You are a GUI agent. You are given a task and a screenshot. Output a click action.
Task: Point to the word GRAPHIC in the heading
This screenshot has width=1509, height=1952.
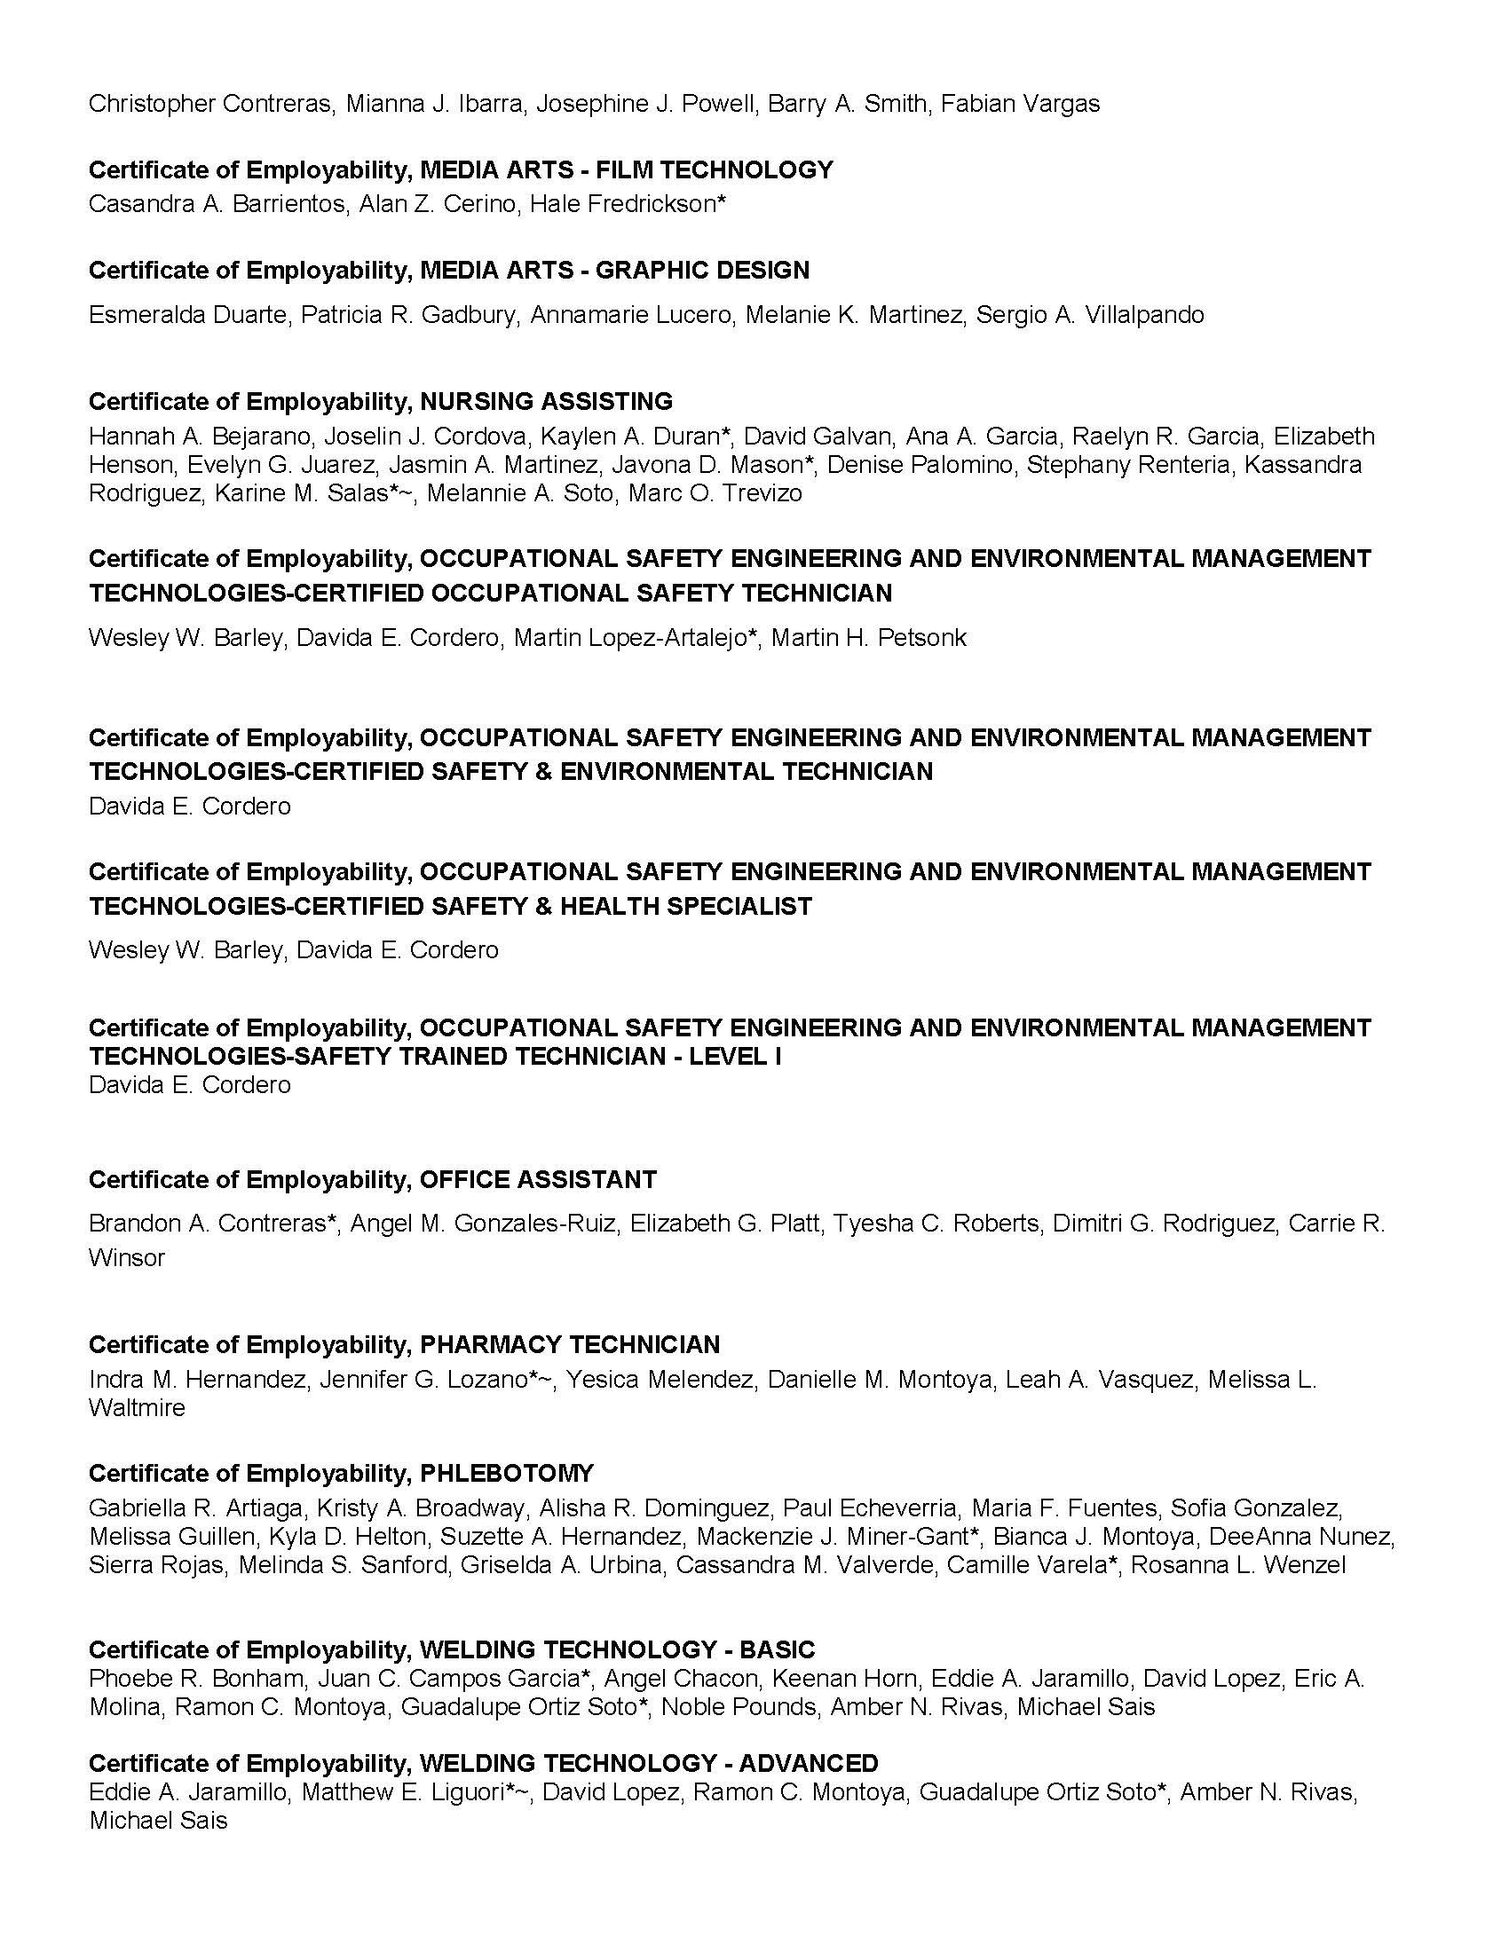[x=644, y=270]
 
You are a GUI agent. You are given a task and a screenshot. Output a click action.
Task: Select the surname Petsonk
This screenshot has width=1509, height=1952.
[x=922, y=638]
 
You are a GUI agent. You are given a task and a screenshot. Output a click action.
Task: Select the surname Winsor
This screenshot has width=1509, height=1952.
[x=127, y=1258]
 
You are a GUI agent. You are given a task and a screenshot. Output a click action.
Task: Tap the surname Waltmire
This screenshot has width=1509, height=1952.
[x=137, y=1409]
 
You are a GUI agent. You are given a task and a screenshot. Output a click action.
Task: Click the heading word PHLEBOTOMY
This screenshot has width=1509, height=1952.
[x=507, y=1474]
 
